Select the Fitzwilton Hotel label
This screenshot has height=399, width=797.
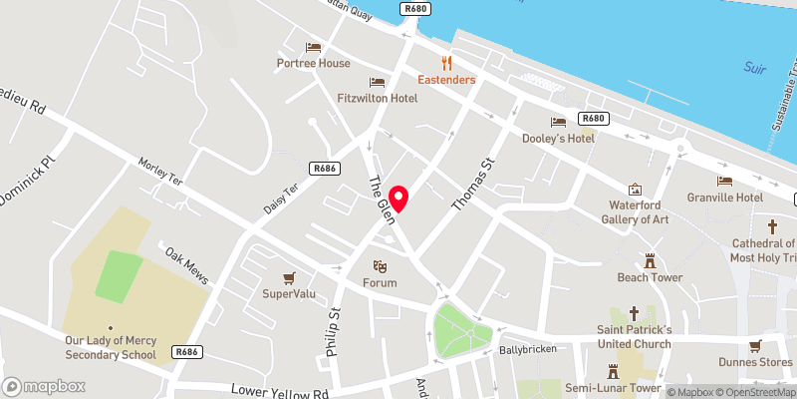[378, 99]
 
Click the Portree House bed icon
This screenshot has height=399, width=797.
[314, 47]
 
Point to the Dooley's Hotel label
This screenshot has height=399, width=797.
[559, 138]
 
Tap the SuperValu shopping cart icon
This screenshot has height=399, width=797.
[290, 277]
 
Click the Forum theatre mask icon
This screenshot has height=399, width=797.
[379, 266]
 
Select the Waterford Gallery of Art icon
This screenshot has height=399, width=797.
[635, 190]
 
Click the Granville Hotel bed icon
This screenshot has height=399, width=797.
[724, 181]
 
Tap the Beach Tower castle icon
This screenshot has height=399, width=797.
[650, 261]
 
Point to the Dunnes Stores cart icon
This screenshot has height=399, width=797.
[755, 345]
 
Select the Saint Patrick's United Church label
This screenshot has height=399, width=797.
[634, 337]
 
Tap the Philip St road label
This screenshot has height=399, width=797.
[334, 331]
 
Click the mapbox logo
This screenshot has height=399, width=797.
[44, 386]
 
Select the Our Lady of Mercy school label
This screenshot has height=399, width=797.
[111, 348]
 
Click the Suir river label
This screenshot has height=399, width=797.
[755, 68]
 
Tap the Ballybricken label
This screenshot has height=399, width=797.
[524, 351]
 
